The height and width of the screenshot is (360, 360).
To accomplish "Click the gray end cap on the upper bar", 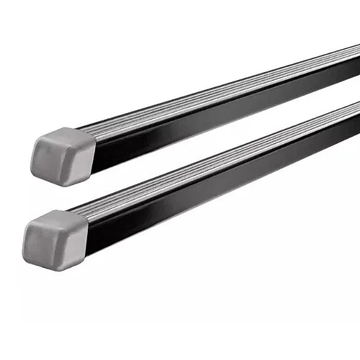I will pyautogui.click(x=63, y=156).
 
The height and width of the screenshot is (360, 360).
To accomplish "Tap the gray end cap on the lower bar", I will pyautogui.click(x=55, y=238).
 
